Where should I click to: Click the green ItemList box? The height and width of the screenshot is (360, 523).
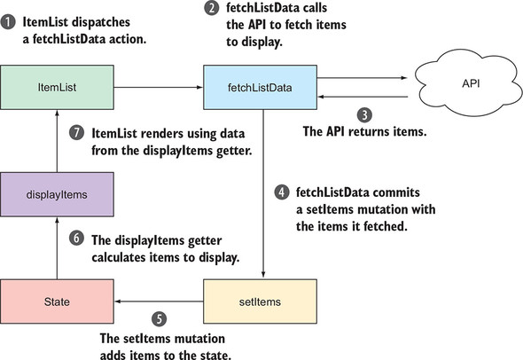point(57,88)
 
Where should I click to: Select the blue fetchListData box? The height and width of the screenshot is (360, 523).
point(260,88)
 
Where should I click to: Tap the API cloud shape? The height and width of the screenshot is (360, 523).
point(468,83)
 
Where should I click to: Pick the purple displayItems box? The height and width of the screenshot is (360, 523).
point(57,194)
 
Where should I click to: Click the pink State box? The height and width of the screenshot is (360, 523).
point(57,301)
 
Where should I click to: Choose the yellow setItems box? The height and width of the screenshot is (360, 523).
point(260,301)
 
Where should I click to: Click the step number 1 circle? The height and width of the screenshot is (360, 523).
point(8,22)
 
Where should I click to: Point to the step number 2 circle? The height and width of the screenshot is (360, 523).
point(212,8)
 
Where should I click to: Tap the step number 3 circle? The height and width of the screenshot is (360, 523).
point(364,115)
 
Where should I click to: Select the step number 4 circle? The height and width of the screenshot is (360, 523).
point(282,192)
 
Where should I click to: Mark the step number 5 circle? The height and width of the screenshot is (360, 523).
point(159,319)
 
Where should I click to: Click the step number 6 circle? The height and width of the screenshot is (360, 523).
point(77,239)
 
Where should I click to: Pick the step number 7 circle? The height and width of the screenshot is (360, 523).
point(77,132)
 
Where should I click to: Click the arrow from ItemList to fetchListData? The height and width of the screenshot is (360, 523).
point(159,88)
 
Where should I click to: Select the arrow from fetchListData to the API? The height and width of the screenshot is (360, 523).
point(363,78)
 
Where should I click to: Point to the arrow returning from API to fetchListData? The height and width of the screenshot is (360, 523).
point(363,97)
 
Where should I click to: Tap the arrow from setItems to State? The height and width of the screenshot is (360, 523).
point(159,301)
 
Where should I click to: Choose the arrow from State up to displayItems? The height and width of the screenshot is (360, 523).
point(57,248)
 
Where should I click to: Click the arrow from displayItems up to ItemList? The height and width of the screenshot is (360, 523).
point(57,141)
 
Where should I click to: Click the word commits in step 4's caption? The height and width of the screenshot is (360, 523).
point(396,192)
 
